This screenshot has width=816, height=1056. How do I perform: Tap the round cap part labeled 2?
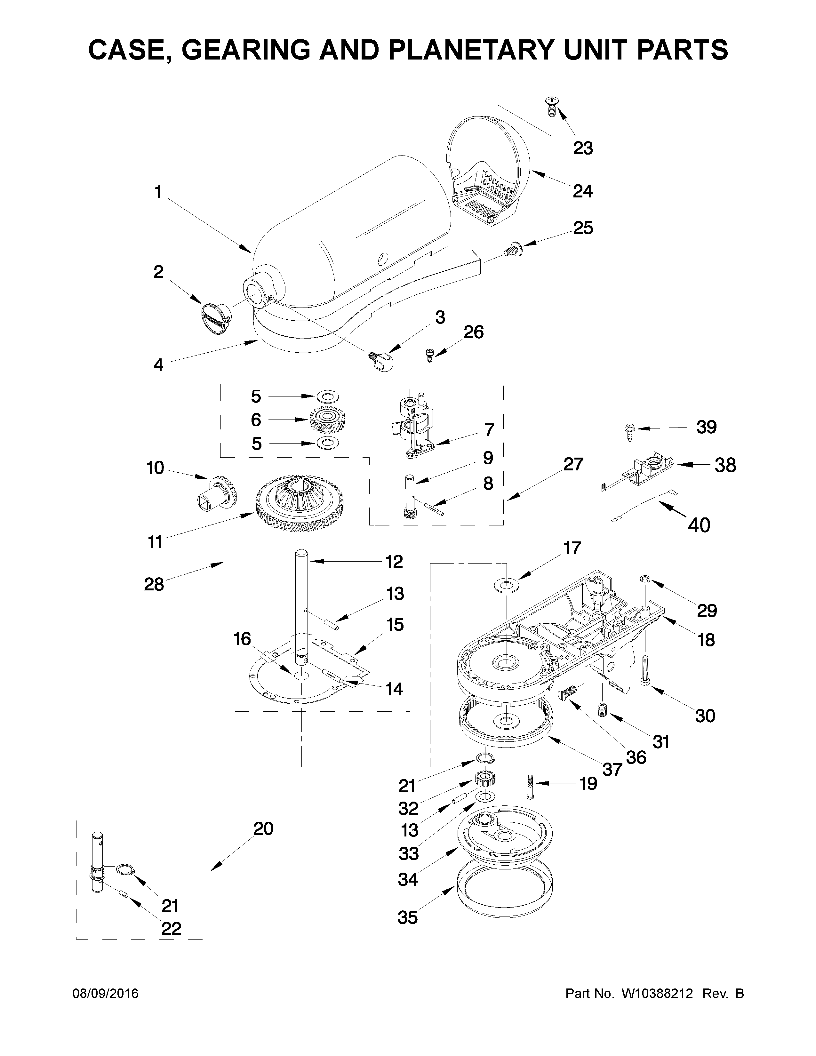(x=215, y=318)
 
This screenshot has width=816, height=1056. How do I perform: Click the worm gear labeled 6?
(x=327, y=419)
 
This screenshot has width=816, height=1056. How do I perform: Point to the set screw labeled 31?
(x=602, y=710)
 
